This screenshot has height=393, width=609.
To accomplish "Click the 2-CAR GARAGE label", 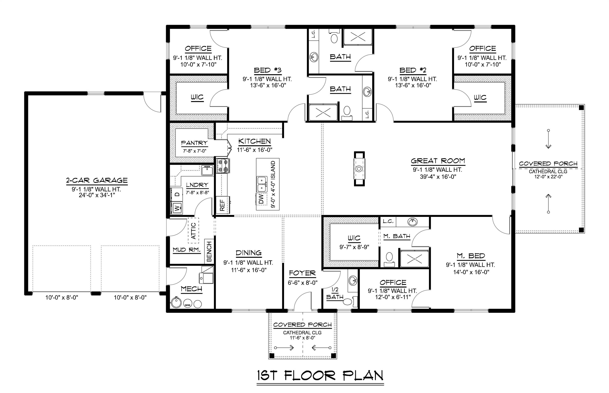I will pos(97,180).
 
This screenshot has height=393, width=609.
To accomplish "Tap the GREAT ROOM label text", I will pos(438,161).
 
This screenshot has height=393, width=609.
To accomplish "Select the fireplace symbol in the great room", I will pos(359,169).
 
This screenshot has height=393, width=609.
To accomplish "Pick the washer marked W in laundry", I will pos(177,208).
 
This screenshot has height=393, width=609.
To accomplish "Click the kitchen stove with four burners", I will pos(223,166).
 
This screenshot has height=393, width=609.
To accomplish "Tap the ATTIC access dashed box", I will pos(193,231).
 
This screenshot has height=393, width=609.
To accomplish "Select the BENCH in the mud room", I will pos(209,252).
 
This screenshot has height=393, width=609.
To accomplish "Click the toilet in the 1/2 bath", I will pos(349,302).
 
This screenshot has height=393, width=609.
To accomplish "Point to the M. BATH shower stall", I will pos(414,259).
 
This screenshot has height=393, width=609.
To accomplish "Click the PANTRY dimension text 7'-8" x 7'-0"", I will pos(194,151).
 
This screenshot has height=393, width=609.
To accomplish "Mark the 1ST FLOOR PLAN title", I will pos(320,375).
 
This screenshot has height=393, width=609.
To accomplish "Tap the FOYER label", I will pos(302,273).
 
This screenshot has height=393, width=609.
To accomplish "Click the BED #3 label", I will pos(267,70).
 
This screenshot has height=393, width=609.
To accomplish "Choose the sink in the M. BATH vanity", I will pos(412,222).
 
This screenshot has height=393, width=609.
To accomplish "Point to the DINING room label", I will pos(248,253).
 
